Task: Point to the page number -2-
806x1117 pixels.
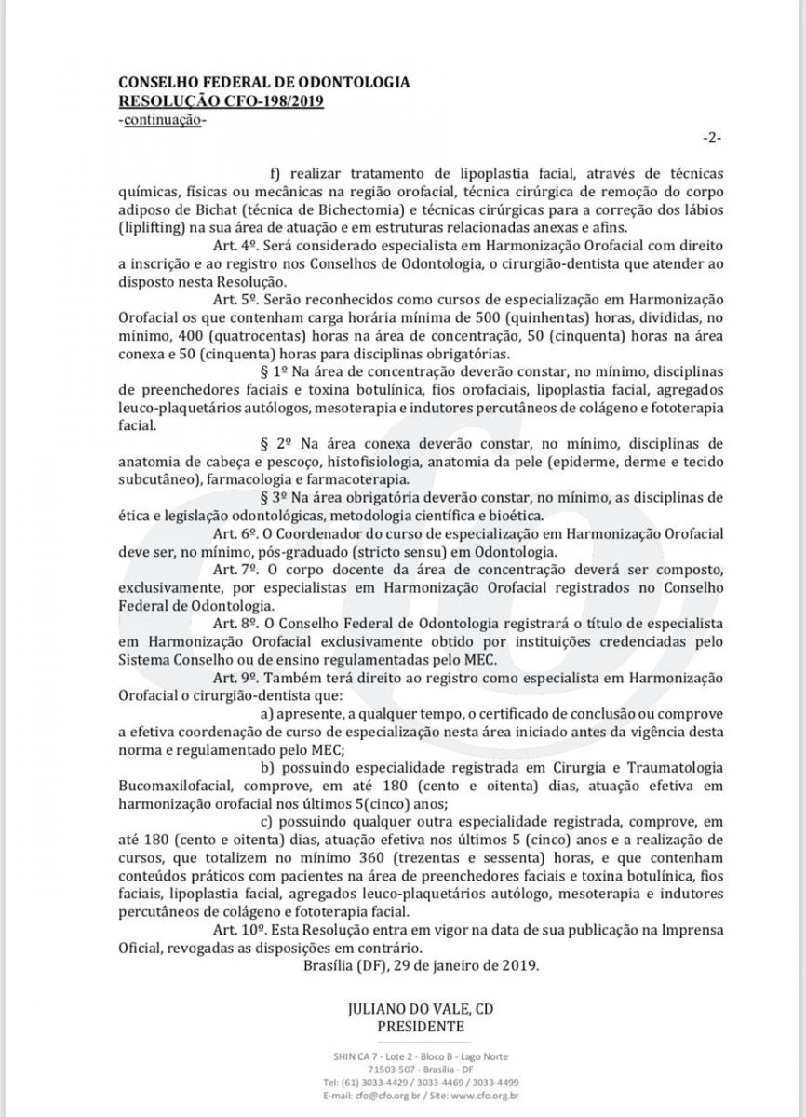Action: click(x=711, y=138)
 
